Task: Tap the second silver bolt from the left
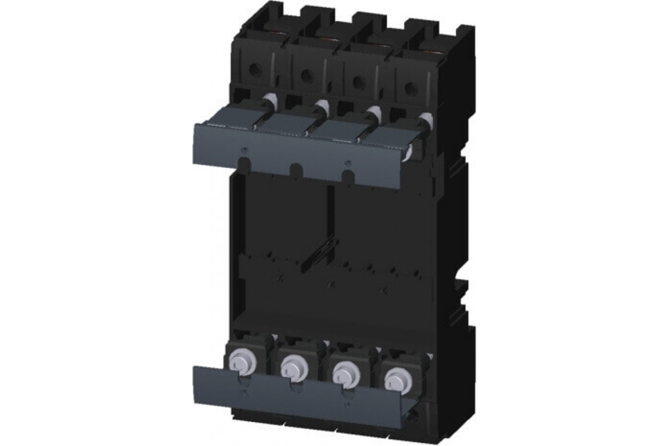(x=290, y=366)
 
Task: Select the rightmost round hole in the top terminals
(x=410, y=88)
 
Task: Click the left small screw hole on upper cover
(x=244, y=149)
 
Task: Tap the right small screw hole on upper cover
(x=348, y=163)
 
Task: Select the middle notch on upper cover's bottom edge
(x=295, y=167)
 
